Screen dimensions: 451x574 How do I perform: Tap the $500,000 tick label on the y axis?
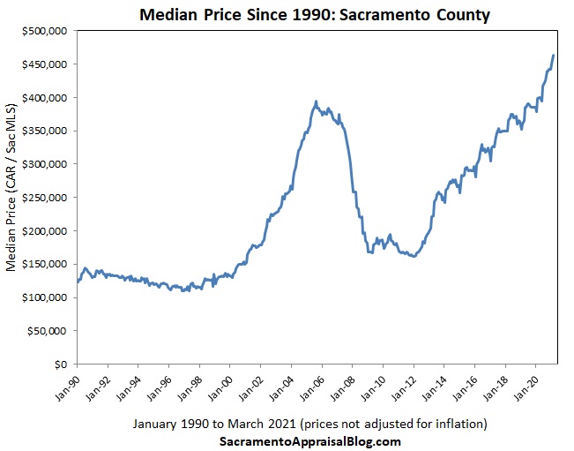pyautogui.click(x=44, y=31)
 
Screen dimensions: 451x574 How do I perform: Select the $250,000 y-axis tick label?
pyautogui.click(x=44, y=198)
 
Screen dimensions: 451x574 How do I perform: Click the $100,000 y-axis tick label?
pyautogui.click(x=44, y=297)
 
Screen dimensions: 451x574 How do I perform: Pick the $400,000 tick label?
pyautogui.click(x=44, y=97)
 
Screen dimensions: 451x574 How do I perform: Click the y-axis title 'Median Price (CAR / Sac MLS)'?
pyautogui.click(x=11, y=197)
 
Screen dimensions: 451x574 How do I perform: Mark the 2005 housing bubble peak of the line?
pyautogui.click(x=316, y=102)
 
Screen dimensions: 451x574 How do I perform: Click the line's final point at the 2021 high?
pyautogui.click(x=553, y=56)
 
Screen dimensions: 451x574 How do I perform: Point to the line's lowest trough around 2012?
pyautogui.click(x=414, y=256)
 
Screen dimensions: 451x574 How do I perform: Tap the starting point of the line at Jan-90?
pyautogui.click(x=78, y=282)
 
